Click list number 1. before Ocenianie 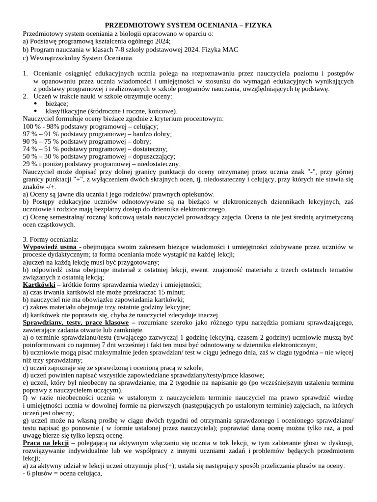26,73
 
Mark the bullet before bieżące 35,104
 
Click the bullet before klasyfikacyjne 35,111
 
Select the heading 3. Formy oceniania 51,239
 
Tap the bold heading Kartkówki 39,284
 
